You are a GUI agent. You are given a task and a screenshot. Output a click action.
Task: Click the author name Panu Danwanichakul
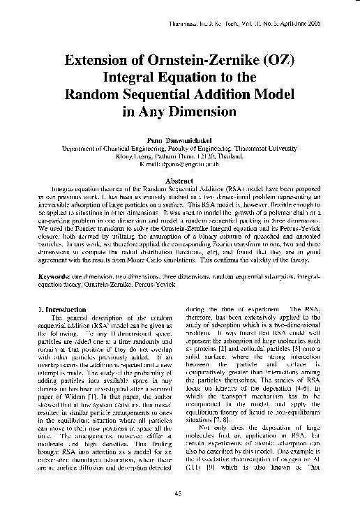(179, 141)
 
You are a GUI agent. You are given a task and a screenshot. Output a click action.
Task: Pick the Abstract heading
(179, 181)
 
